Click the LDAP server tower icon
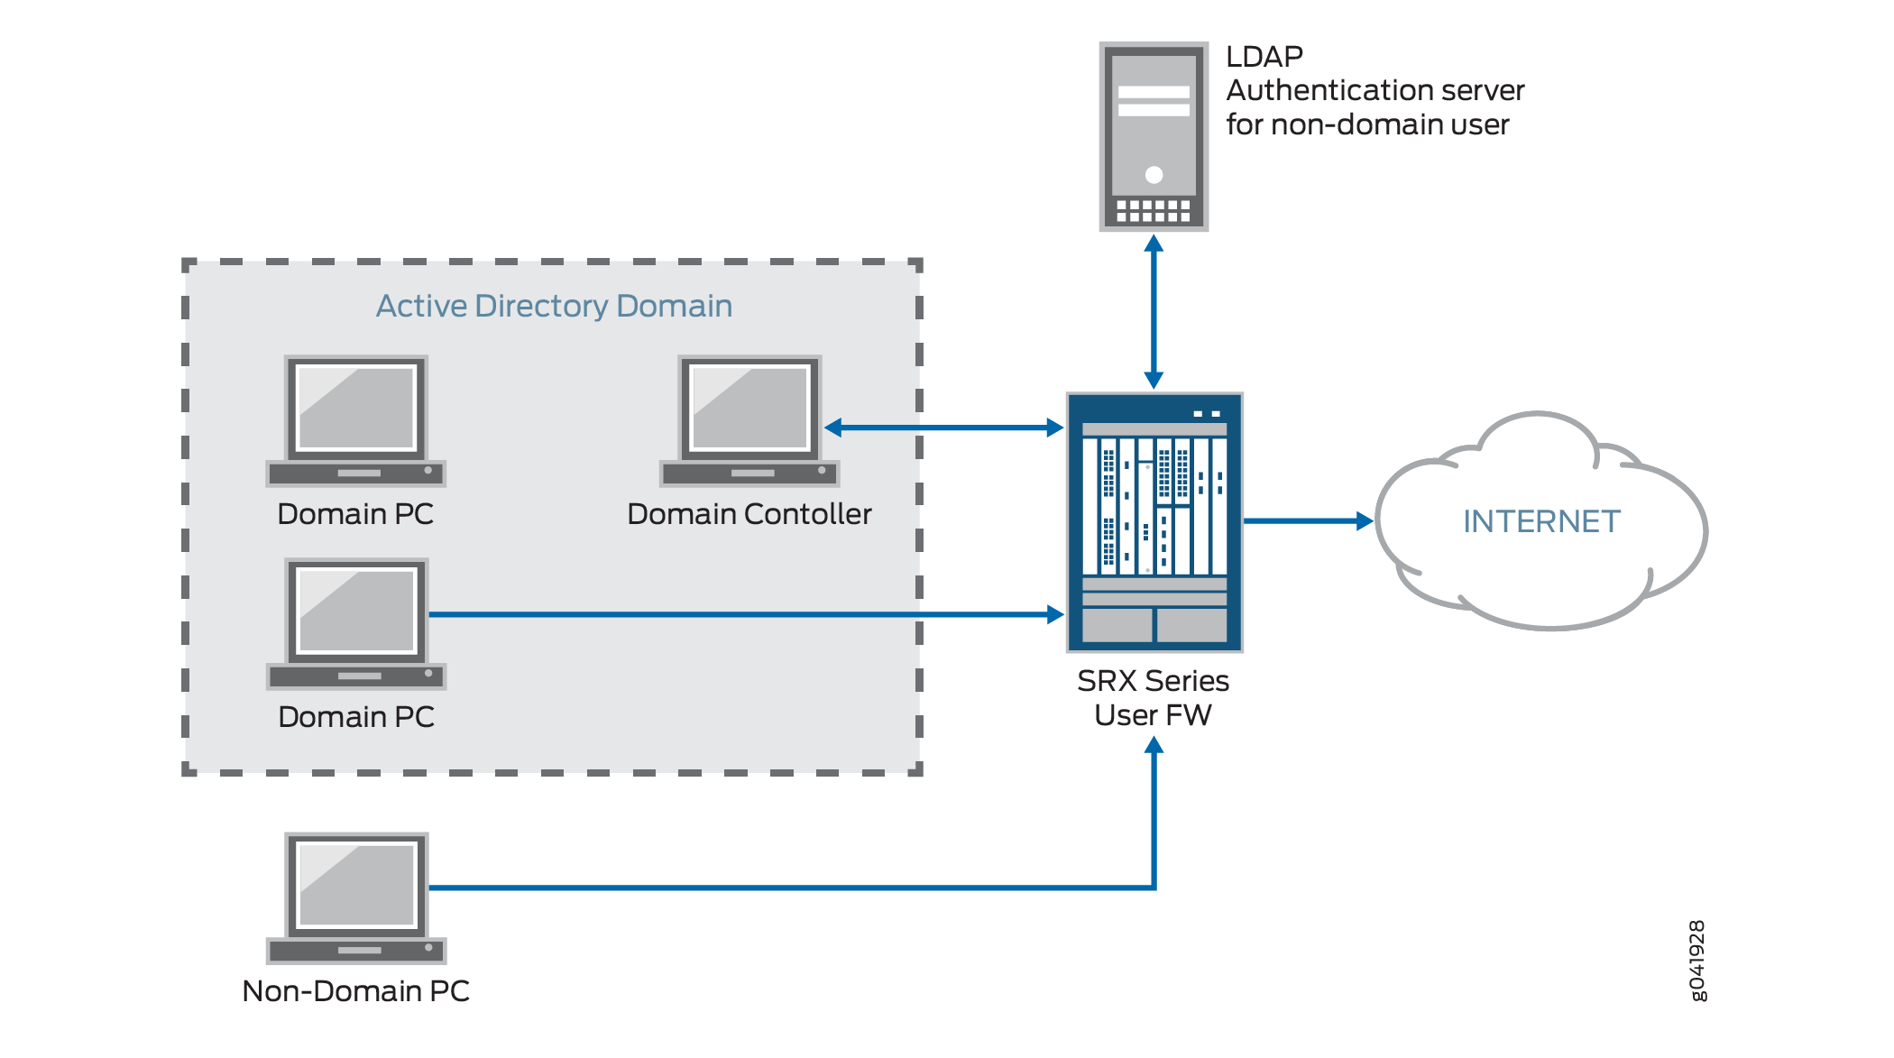tap(1154, 136)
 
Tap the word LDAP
tap(1264, 57)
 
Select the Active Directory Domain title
tap(554, 306)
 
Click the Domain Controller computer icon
tap(749, 420)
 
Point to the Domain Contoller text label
tap(749, 514)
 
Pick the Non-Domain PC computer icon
tap(356, 898)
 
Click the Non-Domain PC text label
tap(356, 991)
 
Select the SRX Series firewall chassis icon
tap(1154, 522)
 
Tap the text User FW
tap(1153, 715)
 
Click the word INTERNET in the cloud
tap(1541, 521)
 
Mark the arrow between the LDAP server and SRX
tap(1154, 311)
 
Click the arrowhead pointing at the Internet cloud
tap(1365, 520)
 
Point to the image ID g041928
tap(1696, 961)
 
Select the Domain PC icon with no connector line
tap(356, 420)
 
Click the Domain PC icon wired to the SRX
tap(356, 623)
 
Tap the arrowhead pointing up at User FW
tap(1154, 746)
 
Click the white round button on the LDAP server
tap(1154, 174)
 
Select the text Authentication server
tap(1375, 90)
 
